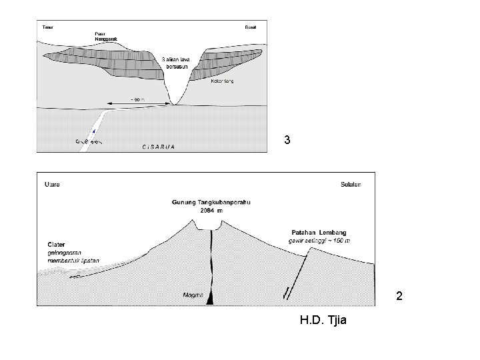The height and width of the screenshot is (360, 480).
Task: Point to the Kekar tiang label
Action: point(222,81)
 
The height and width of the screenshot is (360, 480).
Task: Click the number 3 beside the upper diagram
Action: point(287,141)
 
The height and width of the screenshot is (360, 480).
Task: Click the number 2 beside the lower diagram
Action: point(399,295)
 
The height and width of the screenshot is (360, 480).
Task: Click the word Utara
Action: point(51,185)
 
